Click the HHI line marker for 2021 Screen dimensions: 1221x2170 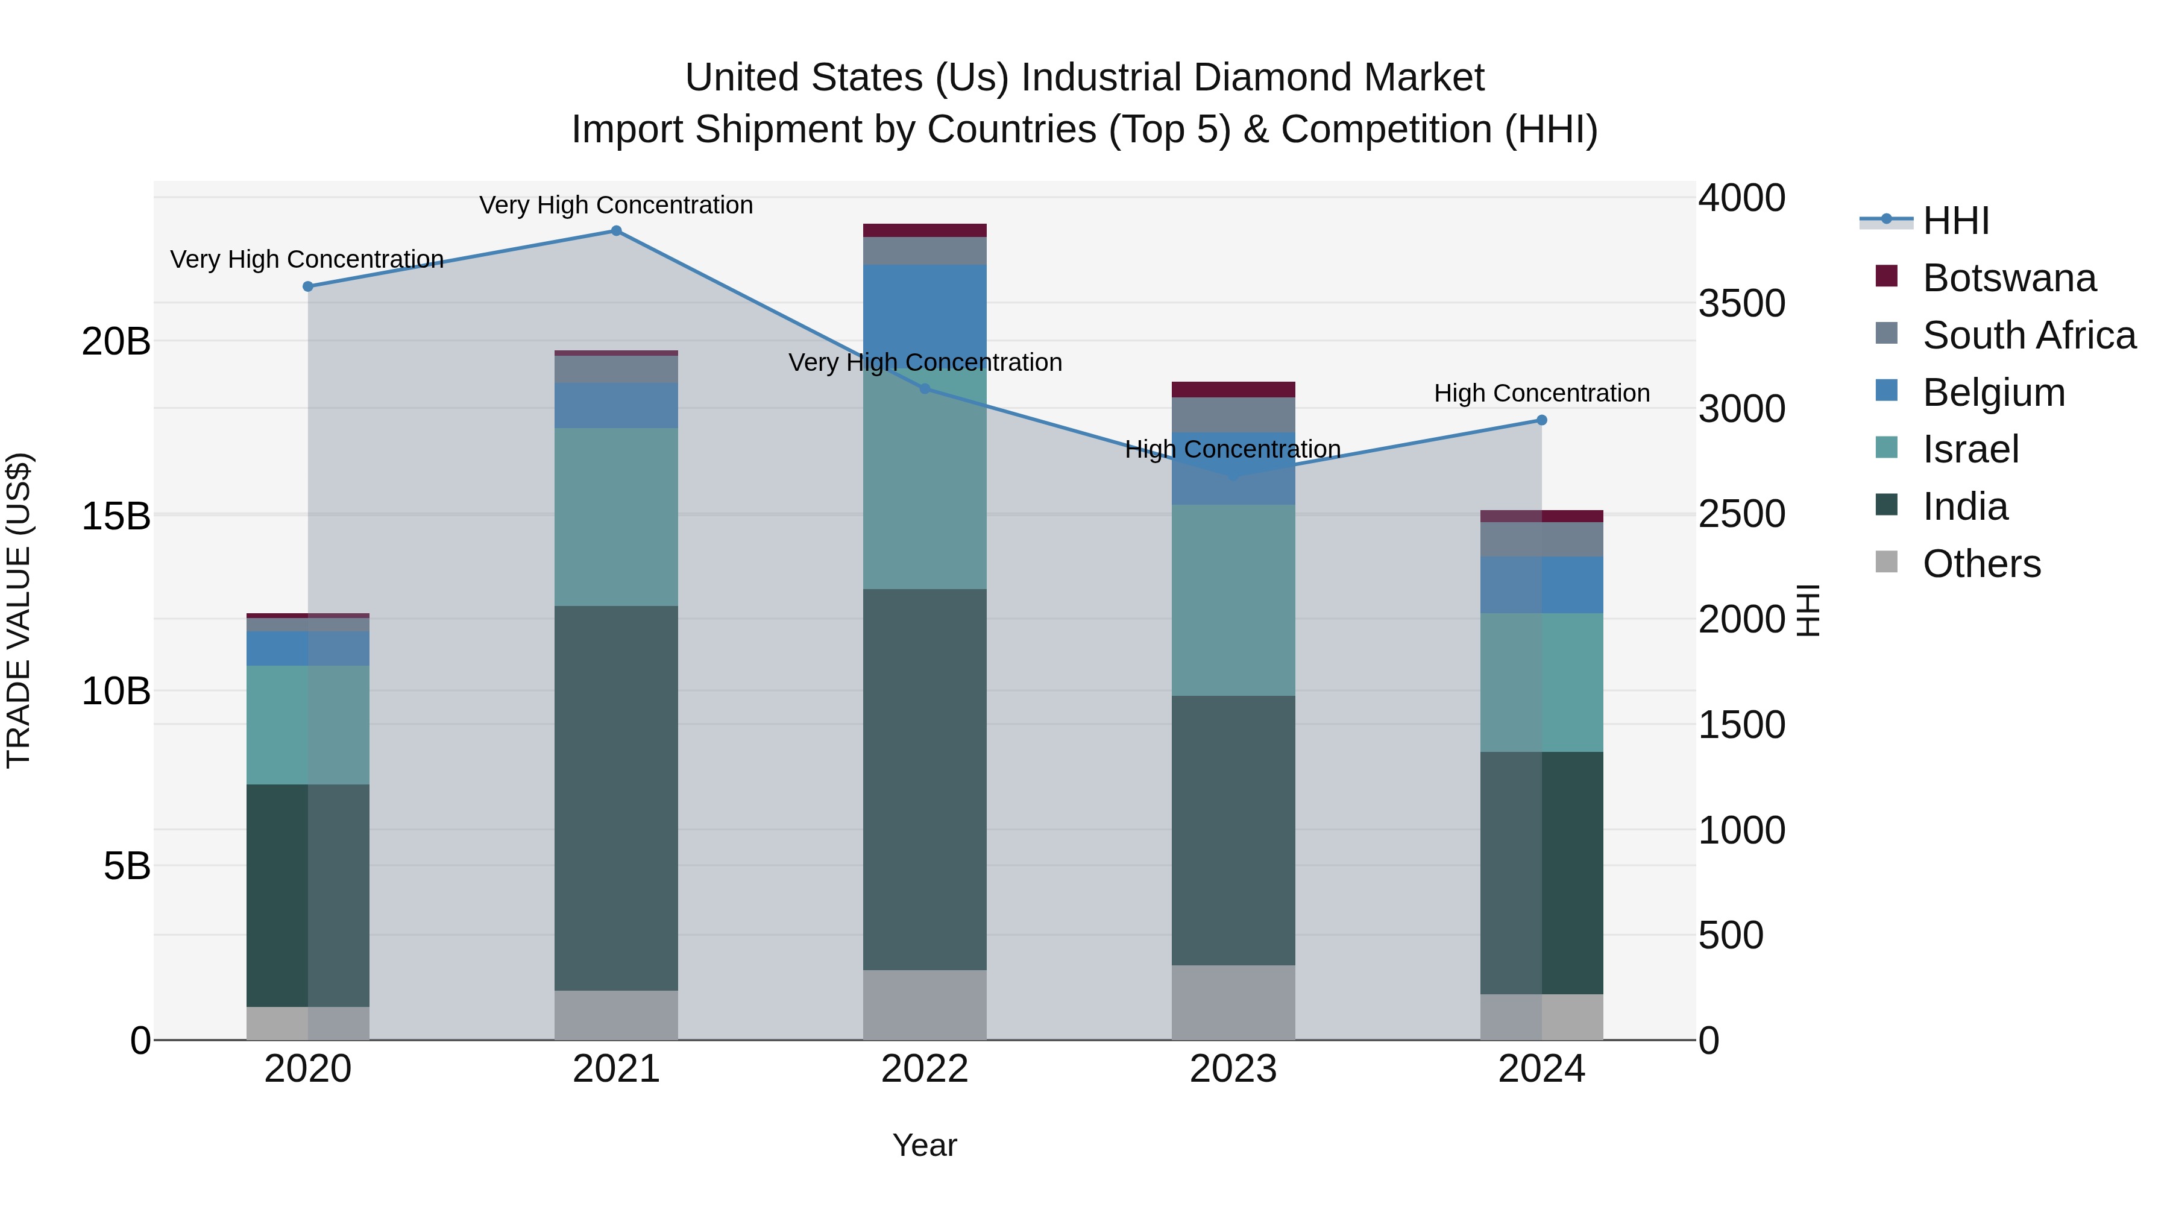616,231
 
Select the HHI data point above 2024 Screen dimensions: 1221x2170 1541,420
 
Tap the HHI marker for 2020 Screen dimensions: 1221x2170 307,286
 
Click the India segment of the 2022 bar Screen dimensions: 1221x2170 924,780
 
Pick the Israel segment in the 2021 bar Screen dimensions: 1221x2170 616,517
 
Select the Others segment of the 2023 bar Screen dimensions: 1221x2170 1233,1003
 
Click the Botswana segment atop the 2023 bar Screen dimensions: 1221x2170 1233,390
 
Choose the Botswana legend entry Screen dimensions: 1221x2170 2009,278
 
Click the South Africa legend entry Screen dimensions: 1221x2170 2028,335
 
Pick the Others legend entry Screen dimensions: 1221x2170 1981,564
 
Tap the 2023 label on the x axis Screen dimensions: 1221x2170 1233,1069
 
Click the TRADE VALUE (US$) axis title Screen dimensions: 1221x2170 19,610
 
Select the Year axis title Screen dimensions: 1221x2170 924,1145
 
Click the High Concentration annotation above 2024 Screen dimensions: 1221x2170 1541,394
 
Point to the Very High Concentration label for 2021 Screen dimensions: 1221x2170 616,205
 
